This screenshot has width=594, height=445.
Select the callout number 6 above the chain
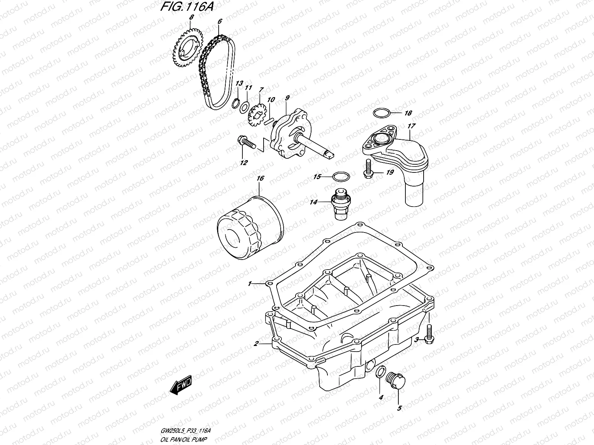coord(219,22)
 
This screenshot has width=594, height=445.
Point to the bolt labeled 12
coord(245,142)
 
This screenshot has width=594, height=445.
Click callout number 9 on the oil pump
coord(287,98)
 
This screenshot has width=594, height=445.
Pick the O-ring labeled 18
coord(381,113)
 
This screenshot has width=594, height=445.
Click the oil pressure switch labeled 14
coord(339,204)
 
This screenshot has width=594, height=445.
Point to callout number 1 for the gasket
coord(250,284)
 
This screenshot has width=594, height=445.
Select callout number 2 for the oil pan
coord(256,344)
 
